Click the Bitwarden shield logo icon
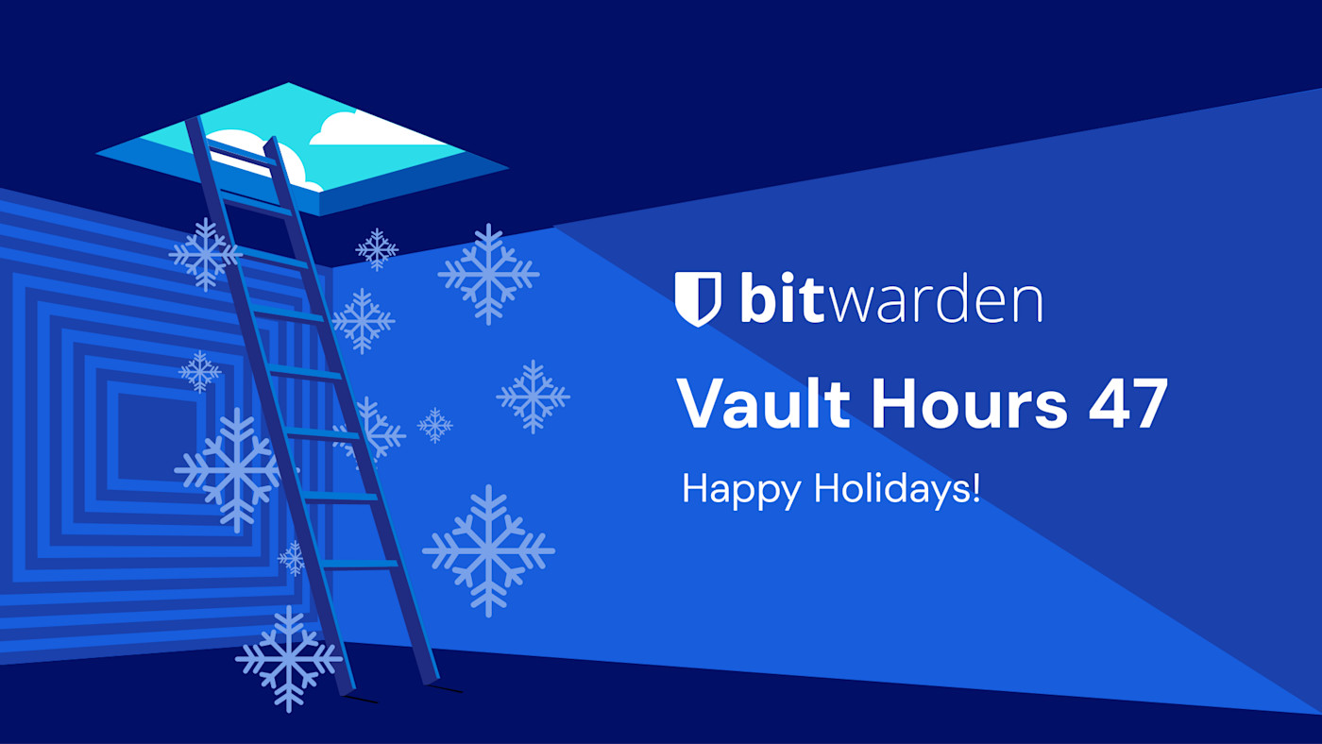(x=699, y=298)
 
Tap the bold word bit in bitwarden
(x=775, y=298)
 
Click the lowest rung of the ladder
(x=359, y=565)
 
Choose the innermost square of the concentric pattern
(x=151, y=430)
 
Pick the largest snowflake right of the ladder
(x=488, y=550)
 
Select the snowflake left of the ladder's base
(x=288, y=658)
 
